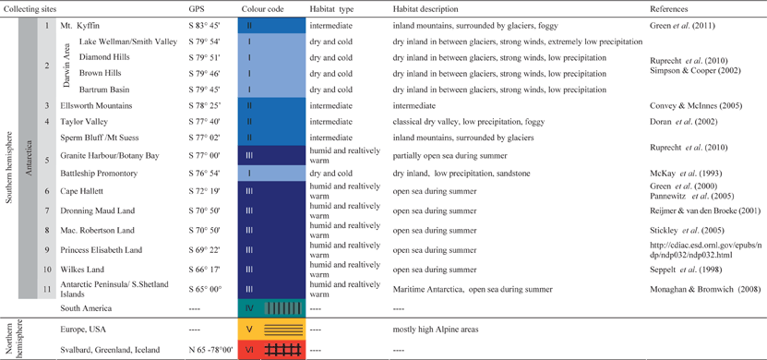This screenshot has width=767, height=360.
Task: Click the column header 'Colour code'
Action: point(262,7)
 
